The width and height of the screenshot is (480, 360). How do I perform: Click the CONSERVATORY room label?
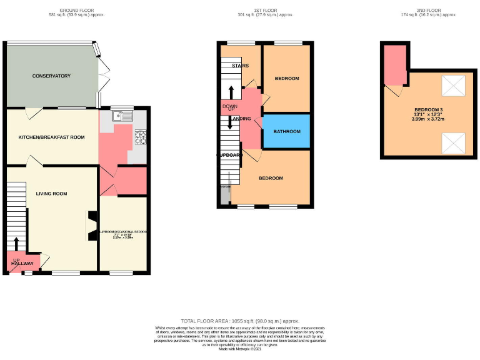pos(52,76)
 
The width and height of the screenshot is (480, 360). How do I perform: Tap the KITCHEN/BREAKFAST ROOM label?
pos(51,137)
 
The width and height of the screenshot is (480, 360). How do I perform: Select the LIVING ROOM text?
pos(51,194)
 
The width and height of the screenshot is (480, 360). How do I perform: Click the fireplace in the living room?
pos(92,225)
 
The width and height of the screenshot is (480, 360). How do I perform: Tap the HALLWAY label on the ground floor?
pos(22,264)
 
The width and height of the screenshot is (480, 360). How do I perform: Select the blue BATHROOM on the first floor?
pos(286,132)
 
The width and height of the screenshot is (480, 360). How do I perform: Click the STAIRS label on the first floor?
pos(240,66)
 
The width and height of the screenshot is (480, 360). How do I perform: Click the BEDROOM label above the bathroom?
pos(287,79)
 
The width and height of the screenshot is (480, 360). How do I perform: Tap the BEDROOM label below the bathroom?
pos(271,178)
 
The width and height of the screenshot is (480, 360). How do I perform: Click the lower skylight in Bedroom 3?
pos(453,144)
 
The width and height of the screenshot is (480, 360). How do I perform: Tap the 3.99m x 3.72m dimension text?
pos(427,119)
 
